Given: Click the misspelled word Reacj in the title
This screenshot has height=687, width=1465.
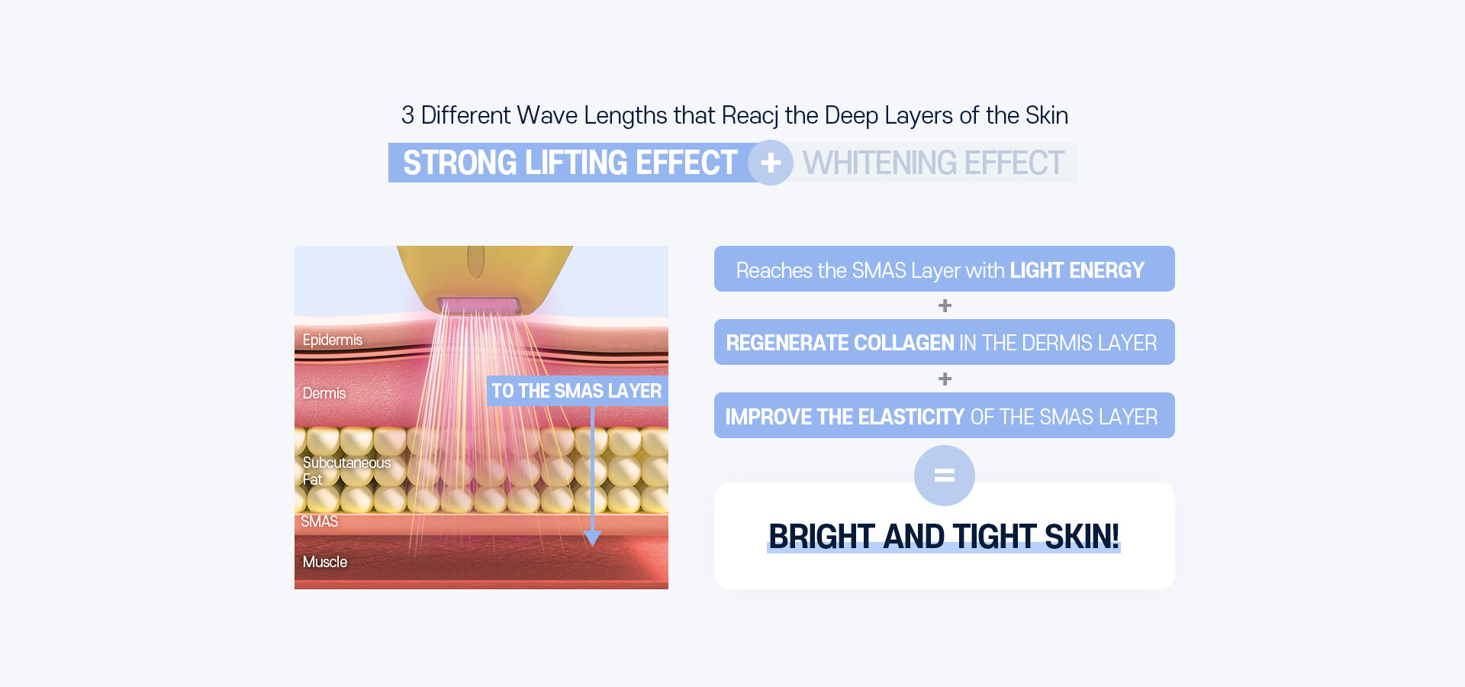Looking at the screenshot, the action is point(749,116).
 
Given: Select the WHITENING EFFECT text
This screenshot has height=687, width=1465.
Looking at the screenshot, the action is point(933,163).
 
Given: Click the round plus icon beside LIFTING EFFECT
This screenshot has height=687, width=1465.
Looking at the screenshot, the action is point(771,163).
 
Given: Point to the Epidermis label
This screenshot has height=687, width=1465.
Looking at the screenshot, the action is point(332,340).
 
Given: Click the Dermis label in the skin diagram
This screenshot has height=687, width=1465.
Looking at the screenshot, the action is point(324,393).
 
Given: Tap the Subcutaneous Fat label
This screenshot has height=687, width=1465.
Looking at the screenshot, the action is point(346,471).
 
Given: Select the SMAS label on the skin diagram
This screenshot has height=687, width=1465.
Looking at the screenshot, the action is point(319,521).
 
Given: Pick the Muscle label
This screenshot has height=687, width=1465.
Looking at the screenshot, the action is point(325,562).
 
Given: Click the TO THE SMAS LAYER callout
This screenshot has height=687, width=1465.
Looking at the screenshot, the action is point(576,391).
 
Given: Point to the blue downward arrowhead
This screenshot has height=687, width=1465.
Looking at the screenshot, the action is point(592,538).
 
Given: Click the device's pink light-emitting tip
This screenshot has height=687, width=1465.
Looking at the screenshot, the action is point(479,306).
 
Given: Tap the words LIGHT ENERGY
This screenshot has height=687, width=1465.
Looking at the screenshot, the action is point(1077,270).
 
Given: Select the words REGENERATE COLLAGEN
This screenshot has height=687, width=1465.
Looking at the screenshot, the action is point(840,343).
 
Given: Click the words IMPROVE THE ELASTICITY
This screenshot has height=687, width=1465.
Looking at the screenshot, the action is point(845,417).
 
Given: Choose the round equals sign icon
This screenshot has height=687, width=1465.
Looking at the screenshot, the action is point(945,476).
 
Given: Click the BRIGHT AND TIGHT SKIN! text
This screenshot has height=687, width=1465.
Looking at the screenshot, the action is point(944,537).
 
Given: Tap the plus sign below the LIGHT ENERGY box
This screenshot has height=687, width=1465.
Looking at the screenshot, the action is point(945,305).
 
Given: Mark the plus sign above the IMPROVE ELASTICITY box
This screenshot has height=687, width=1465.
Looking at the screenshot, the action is point(945,379).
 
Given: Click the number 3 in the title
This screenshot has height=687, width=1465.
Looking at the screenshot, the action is point(407,115).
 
